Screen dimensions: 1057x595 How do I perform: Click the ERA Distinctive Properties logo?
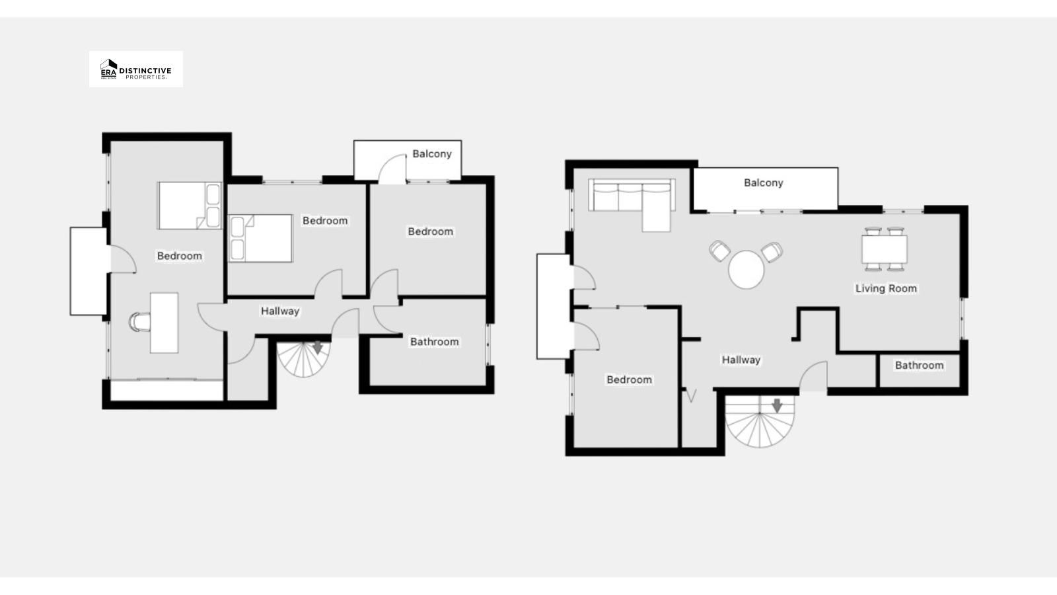(x=136, y=69)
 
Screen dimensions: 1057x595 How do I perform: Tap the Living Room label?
(x=886, y=288)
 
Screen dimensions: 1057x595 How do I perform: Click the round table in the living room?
(x=746, y=270)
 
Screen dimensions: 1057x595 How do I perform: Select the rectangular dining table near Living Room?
(x=885, y=249)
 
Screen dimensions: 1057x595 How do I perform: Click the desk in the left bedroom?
(x=164, y=323)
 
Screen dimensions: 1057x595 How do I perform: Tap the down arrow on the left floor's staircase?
(x=318, y=348)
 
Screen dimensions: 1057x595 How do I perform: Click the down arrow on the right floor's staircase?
(x=777, y=405)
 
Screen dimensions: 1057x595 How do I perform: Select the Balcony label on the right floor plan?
(x=764, y=182)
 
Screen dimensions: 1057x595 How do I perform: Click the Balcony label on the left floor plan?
(x=432, y=154)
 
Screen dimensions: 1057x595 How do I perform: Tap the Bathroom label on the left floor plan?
(x=434, y=341)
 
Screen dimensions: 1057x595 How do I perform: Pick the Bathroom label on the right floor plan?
(x=919, y=365)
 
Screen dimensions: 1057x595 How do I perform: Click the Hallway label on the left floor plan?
(x=280, y=311)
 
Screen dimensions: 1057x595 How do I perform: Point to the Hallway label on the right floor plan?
(x=741, y=360)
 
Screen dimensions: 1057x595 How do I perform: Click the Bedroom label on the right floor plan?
(x=629, y=379)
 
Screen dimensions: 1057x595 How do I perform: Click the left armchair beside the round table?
(x=719, y=251)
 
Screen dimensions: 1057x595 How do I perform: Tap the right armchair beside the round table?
(x=772, y=252)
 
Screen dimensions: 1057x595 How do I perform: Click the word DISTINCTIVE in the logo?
(x=145, y=71)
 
